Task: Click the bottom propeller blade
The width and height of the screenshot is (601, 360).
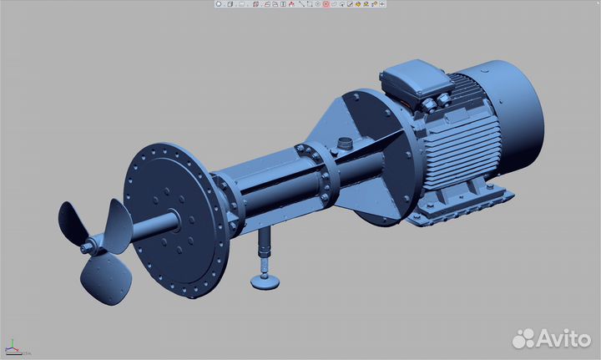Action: point(109,275)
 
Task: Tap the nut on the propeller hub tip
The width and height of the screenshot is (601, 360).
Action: point(85,248)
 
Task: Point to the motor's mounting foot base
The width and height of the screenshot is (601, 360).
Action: point(467,205)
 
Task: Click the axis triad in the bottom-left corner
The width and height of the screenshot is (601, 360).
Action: point(13,347)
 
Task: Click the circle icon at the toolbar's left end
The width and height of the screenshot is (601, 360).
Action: point(219,4)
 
